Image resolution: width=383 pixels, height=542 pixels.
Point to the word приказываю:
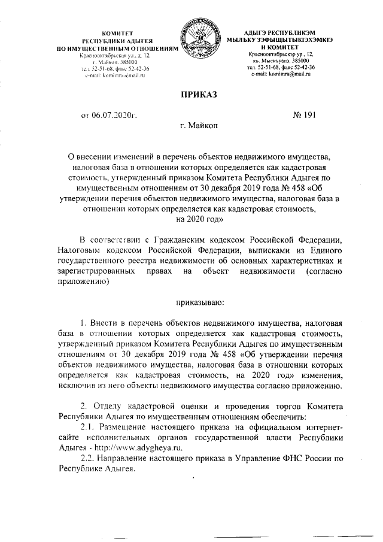[x=199, y=301]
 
